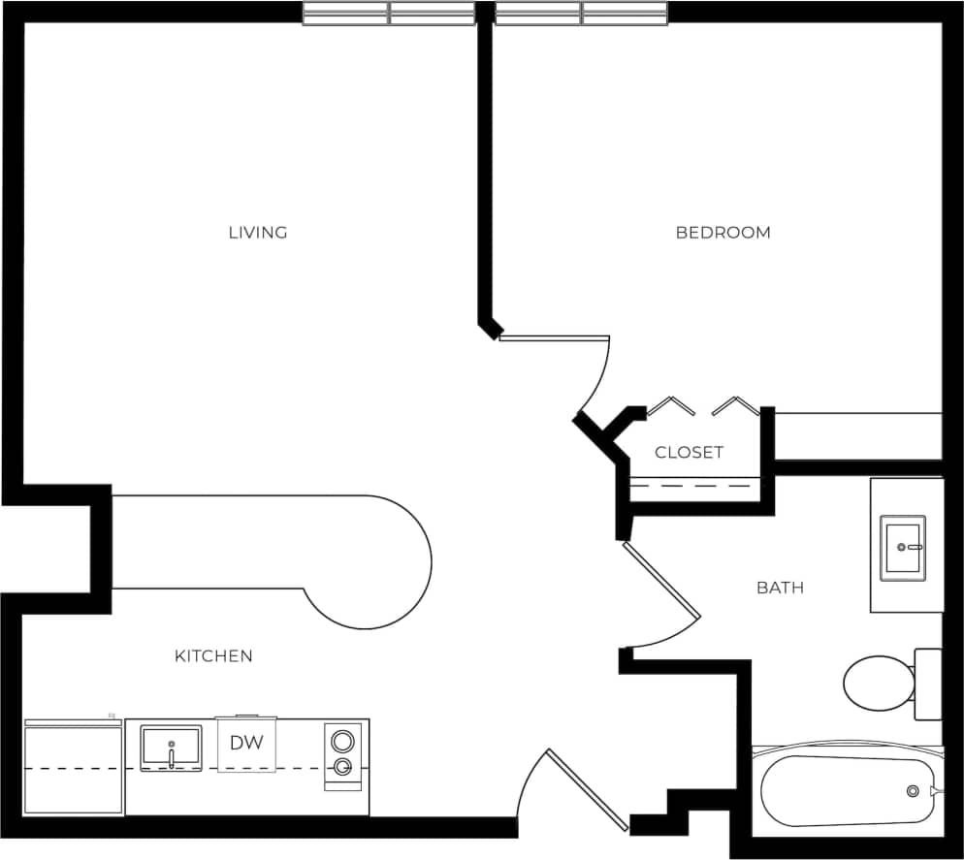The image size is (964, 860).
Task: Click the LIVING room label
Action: coord(258,233)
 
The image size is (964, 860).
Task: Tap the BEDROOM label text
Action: coord(723,233)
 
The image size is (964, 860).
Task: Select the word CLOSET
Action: coord(689,453)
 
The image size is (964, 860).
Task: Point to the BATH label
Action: coord(780,588)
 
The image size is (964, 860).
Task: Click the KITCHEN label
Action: coord(213,656)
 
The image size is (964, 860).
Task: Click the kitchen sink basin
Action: coord(171,748)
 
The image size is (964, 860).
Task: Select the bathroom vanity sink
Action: coord(902,548)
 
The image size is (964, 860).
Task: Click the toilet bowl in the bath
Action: coord(877,683)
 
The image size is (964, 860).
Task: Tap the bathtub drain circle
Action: coord(913,791)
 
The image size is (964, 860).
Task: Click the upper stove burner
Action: coord(341,742)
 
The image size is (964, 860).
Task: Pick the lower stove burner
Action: coord(341,768)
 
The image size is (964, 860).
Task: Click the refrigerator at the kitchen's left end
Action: coord(74,767)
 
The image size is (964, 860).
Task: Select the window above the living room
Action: coord(388,13)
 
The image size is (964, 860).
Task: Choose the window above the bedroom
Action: coord(582,13)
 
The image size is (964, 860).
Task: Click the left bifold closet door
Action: coord(670,405)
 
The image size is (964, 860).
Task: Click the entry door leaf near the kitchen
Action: coord(587,789)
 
